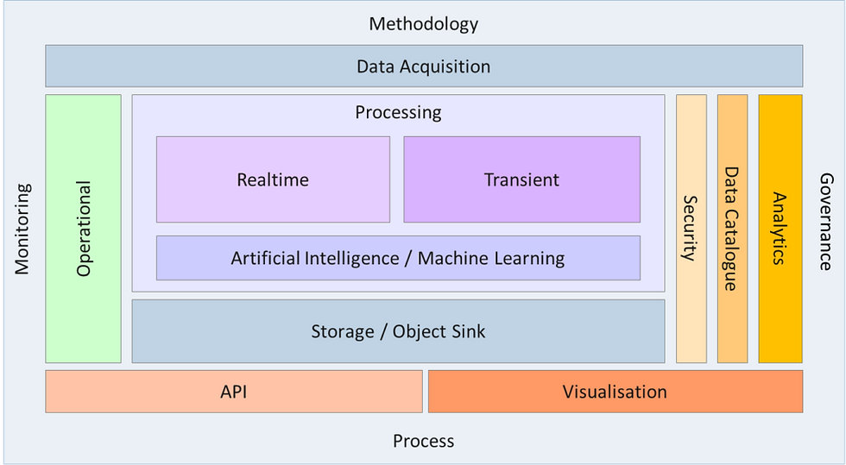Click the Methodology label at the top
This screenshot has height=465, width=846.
click(424, 24)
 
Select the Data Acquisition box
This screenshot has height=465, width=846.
click(424, 66)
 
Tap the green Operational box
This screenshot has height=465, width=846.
click(83, 229)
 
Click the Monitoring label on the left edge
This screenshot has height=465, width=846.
click(22, 229)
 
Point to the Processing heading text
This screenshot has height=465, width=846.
click(398, 112)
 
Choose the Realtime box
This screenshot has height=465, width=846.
click(273, 179)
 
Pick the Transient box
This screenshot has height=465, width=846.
click(521, 179)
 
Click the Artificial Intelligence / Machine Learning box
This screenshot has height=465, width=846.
click(398, 258)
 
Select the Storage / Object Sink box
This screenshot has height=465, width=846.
click(398, 331)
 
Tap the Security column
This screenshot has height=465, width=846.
click(691, 229)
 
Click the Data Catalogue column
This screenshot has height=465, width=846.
click(732, 229)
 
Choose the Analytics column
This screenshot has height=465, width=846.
click(780, 229)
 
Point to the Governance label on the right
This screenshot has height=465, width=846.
click(825, 222)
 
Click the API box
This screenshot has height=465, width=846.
click(234, 392)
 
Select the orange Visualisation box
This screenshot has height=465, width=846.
click(615, 392)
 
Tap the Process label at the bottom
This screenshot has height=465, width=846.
click(424, 441)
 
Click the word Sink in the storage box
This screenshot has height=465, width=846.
click(467, 331)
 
